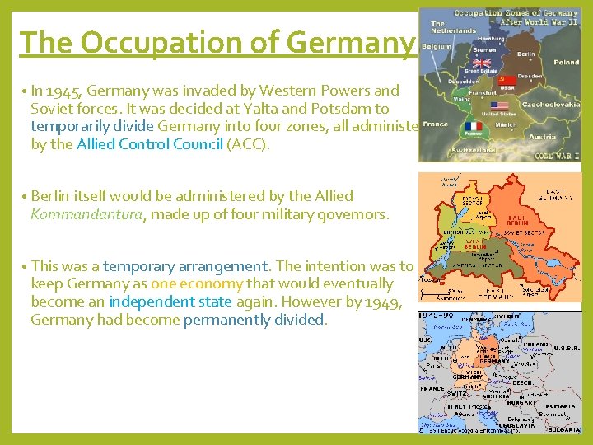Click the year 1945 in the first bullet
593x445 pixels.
point(68,91)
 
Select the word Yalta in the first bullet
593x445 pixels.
point(283,109)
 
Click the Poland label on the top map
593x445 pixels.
point(566,63)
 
